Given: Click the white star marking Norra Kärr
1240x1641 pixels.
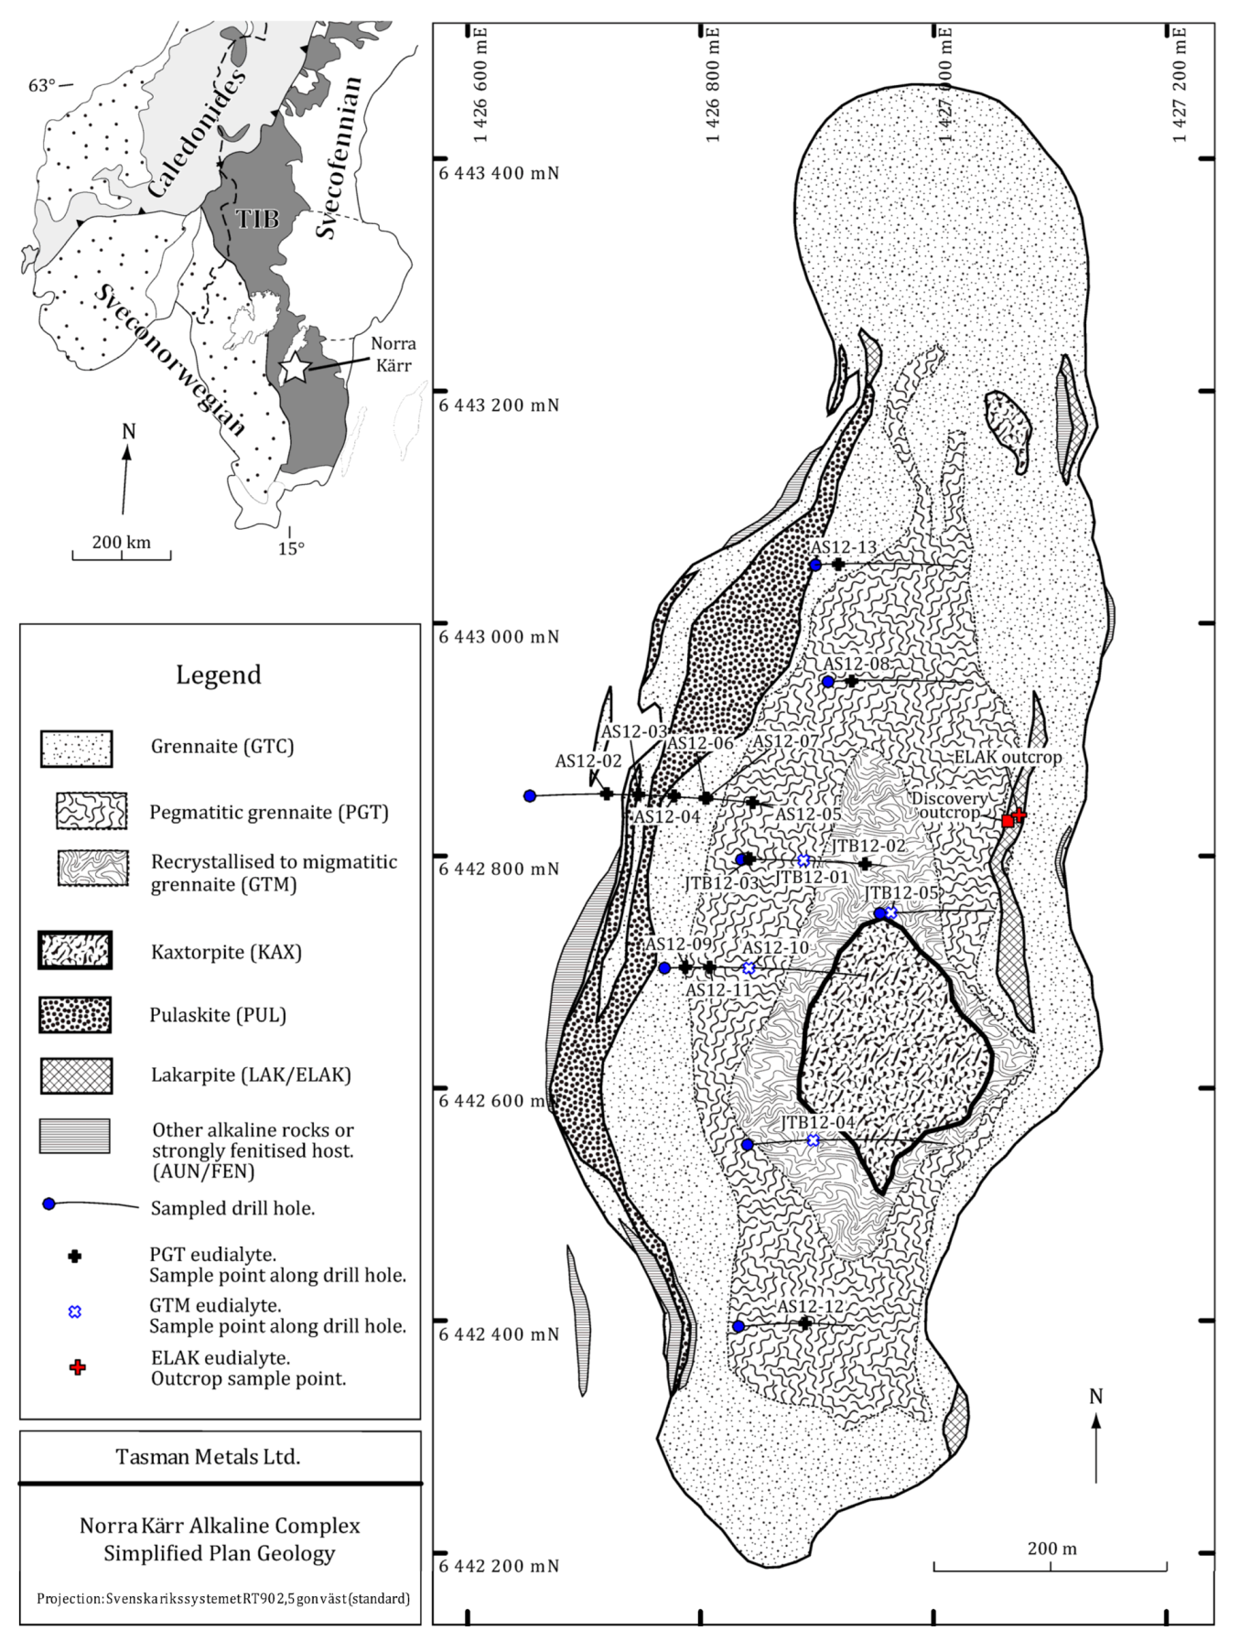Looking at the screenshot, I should point(296,367).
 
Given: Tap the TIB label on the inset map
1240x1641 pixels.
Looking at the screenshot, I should point(257,219).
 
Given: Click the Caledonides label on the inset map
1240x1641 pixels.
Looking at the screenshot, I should point(196,134).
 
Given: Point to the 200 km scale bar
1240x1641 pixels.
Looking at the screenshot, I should point(122,553).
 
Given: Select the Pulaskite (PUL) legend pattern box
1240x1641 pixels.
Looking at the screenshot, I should point(75,1015).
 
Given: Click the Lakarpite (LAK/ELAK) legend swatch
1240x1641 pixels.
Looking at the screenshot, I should point(76,1075).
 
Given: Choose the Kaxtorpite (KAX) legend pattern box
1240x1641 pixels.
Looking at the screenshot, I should point(75,951).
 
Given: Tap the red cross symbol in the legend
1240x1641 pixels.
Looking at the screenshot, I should point(78,1367).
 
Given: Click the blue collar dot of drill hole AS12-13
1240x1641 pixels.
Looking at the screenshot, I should point(815,565).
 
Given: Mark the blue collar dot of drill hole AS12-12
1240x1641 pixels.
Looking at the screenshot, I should point(739,1326).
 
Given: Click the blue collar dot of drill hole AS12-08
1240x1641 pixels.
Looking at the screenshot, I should point(828,682).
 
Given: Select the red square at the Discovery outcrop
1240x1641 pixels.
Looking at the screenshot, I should point(1008,821).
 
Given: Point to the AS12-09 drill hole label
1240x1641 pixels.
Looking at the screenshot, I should point(678,945).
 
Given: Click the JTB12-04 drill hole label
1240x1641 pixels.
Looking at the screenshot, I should point(817,1123).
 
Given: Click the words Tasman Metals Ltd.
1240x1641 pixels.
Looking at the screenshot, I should point(208,1456).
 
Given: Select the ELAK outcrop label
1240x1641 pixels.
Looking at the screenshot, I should point(1008,758).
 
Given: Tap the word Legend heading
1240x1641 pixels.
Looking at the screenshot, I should point(219,675).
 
